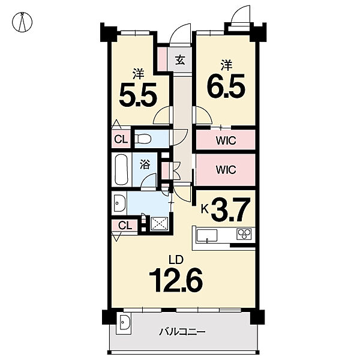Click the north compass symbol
[22, 22]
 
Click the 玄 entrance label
[180, 60]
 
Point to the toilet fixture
[143, 139]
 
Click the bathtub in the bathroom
[121, 169]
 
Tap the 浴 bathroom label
[145, 165]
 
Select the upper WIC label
[226, 140]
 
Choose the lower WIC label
[226, 170]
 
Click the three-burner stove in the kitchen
[244, 234]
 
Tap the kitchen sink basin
[207, 236]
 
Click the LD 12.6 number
[176, 281]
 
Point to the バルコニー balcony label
[182, 332]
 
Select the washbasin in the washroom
[119, 203]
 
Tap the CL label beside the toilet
[121, 139]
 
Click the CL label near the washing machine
[125, 226]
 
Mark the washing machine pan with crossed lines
[160, 223]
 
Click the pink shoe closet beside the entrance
[163, 59]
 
